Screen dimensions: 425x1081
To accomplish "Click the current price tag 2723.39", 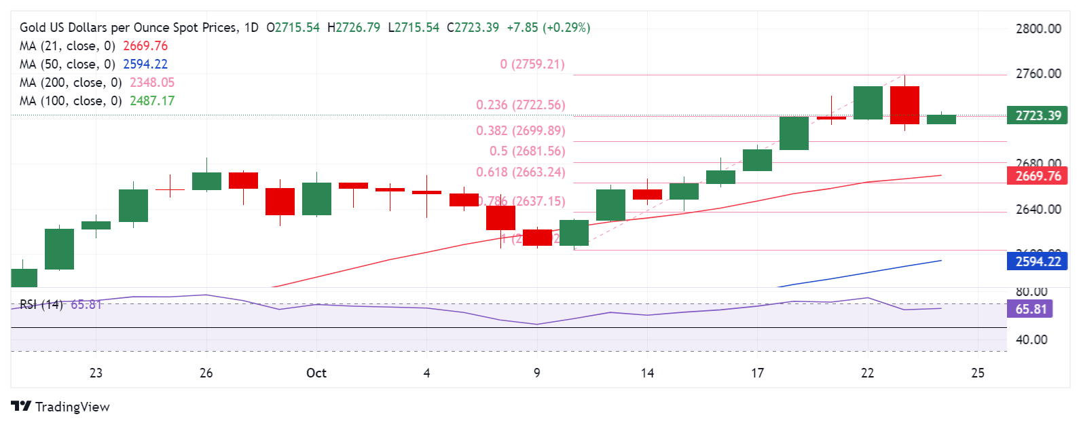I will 1037,115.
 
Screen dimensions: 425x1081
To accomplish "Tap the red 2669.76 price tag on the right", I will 1037,176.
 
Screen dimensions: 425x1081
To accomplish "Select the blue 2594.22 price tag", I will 1037,261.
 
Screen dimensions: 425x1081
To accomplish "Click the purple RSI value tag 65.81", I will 1030,309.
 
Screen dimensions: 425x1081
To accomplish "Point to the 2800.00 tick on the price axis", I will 1038,29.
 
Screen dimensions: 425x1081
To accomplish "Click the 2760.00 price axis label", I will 1038,73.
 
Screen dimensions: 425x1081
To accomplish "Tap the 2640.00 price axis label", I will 1038,209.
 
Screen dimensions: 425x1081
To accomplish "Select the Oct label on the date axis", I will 316,373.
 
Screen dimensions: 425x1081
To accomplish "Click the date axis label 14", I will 647,373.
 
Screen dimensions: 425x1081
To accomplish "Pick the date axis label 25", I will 978,373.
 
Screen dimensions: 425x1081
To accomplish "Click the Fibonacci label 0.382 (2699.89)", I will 520,130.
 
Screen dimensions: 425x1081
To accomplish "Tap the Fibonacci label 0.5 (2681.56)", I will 527,151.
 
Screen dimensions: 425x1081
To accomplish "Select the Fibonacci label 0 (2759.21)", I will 532,64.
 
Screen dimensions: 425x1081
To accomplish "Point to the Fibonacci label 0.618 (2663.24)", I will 520,172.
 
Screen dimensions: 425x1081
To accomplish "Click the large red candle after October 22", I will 904,105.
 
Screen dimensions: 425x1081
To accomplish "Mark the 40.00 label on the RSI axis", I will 1031,339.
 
